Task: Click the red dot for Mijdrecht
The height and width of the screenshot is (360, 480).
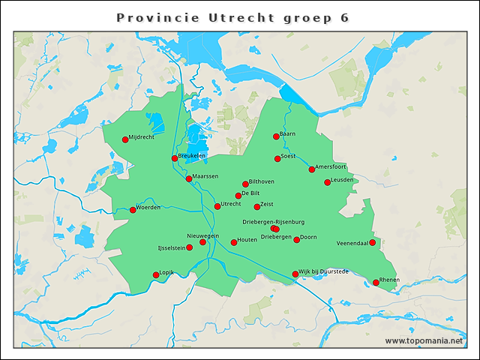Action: coord(125,139)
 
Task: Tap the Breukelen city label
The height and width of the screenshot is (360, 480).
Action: coord(193,154)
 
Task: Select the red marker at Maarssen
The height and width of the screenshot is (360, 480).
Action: coord(189,178)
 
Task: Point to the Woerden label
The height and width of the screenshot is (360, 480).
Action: coord(148,207)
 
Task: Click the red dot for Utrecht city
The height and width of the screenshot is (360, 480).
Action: coord(217,206)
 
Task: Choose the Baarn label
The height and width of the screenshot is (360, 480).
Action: coord(288,133)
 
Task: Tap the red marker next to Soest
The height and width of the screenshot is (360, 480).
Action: coord(277,159)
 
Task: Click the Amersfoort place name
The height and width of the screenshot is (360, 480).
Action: coord(331,166)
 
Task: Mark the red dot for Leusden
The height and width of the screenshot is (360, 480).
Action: coord(327,182)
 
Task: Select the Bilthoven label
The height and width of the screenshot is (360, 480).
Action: coord(262,181)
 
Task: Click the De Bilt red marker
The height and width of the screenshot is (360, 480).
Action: coord(238,196)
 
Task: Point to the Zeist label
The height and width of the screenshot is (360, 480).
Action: coord(267,204)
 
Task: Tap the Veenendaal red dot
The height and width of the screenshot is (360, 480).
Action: coord(372,242)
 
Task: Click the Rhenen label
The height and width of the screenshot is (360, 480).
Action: coord(390,279)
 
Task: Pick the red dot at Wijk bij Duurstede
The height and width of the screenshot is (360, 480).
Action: coord(295,274)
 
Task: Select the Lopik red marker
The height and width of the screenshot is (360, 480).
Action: coord(156,275)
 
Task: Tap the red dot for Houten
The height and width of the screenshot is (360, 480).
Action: coord(234,242)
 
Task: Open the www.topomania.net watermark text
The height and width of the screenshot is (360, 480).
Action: coord(424,340)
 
